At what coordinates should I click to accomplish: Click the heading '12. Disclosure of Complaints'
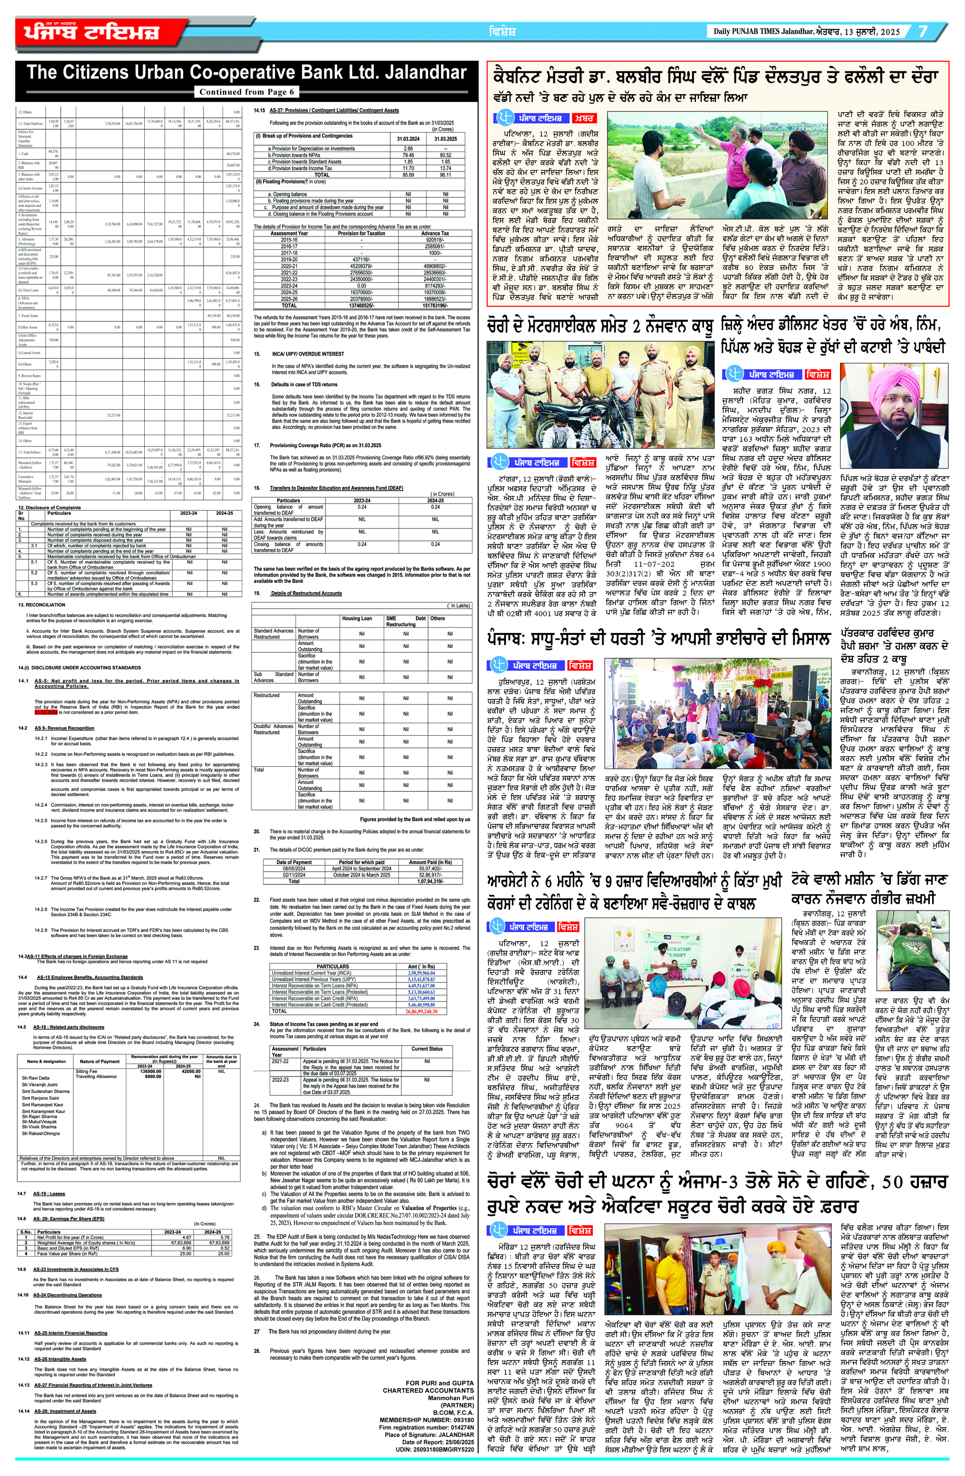pyautogui.click(x=50, y=507)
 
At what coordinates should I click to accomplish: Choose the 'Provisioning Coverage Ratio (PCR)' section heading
pyautogui.click(x=325, y=445)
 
